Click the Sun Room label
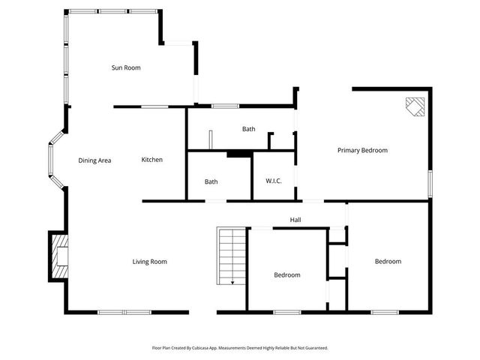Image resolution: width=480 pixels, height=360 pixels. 126,68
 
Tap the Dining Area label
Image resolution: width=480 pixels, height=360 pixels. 94,160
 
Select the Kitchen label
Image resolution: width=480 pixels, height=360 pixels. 152,160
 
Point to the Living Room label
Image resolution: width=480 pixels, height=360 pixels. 149,262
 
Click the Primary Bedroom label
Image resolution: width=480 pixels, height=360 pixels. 362,151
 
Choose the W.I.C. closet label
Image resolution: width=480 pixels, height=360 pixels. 273,181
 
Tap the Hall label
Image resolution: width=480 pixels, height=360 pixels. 295,220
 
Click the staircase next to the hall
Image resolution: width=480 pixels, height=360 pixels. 232,256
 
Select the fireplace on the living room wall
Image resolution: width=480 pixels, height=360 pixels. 58,256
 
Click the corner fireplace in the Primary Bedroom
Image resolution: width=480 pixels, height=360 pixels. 415,107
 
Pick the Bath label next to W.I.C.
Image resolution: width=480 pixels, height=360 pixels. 211,181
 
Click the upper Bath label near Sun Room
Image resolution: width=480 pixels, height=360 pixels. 248,129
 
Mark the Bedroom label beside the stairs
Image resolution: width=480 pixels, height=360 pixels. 286,275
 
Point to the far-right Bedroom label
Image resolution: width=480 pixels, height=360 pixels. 388,262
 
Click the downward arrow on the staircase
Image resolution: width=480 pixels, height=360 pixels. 233,282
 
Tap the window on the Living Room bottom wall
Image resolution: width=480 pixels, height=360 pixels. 124,312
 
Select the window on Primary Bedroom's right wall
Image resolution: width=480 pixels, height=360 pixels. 430,183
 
